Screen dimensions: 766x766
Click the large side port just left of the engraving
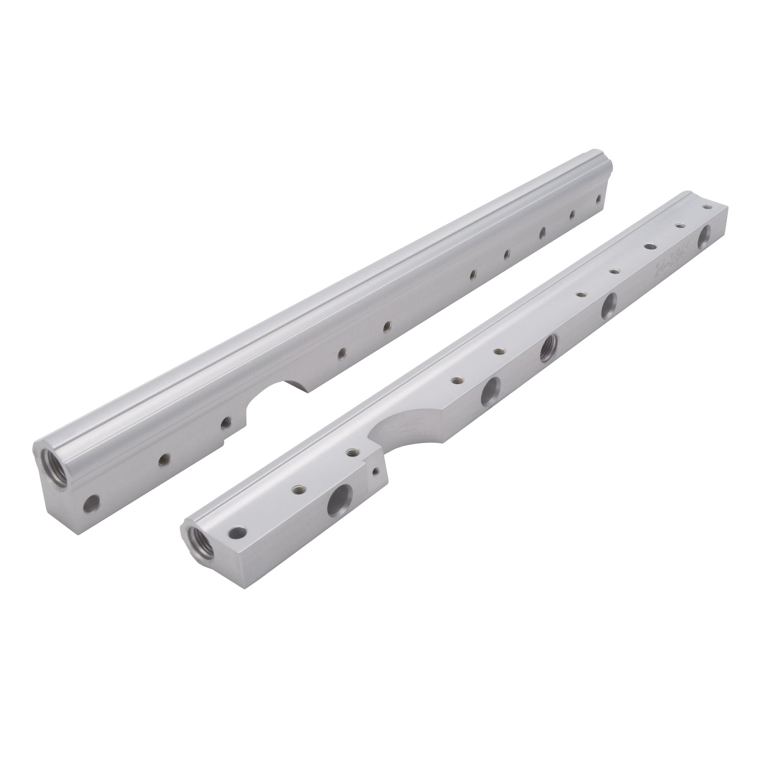click(609, 306)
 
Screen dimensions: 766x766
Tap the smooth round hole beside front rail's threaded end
click(237, 533)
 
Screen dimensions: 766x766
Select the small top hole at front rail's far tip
click(707, 207)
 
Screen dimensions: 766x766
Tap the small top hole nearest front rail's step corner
click(352, 451)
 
